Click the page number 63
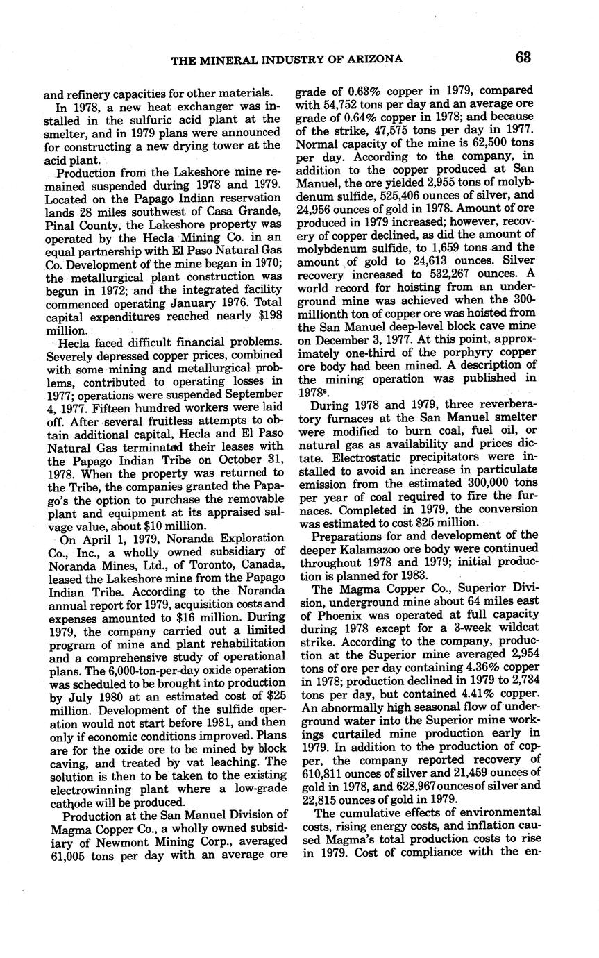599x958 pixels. tap(523, 58)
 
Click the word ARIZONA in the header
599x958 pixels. tap(378, 59)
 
